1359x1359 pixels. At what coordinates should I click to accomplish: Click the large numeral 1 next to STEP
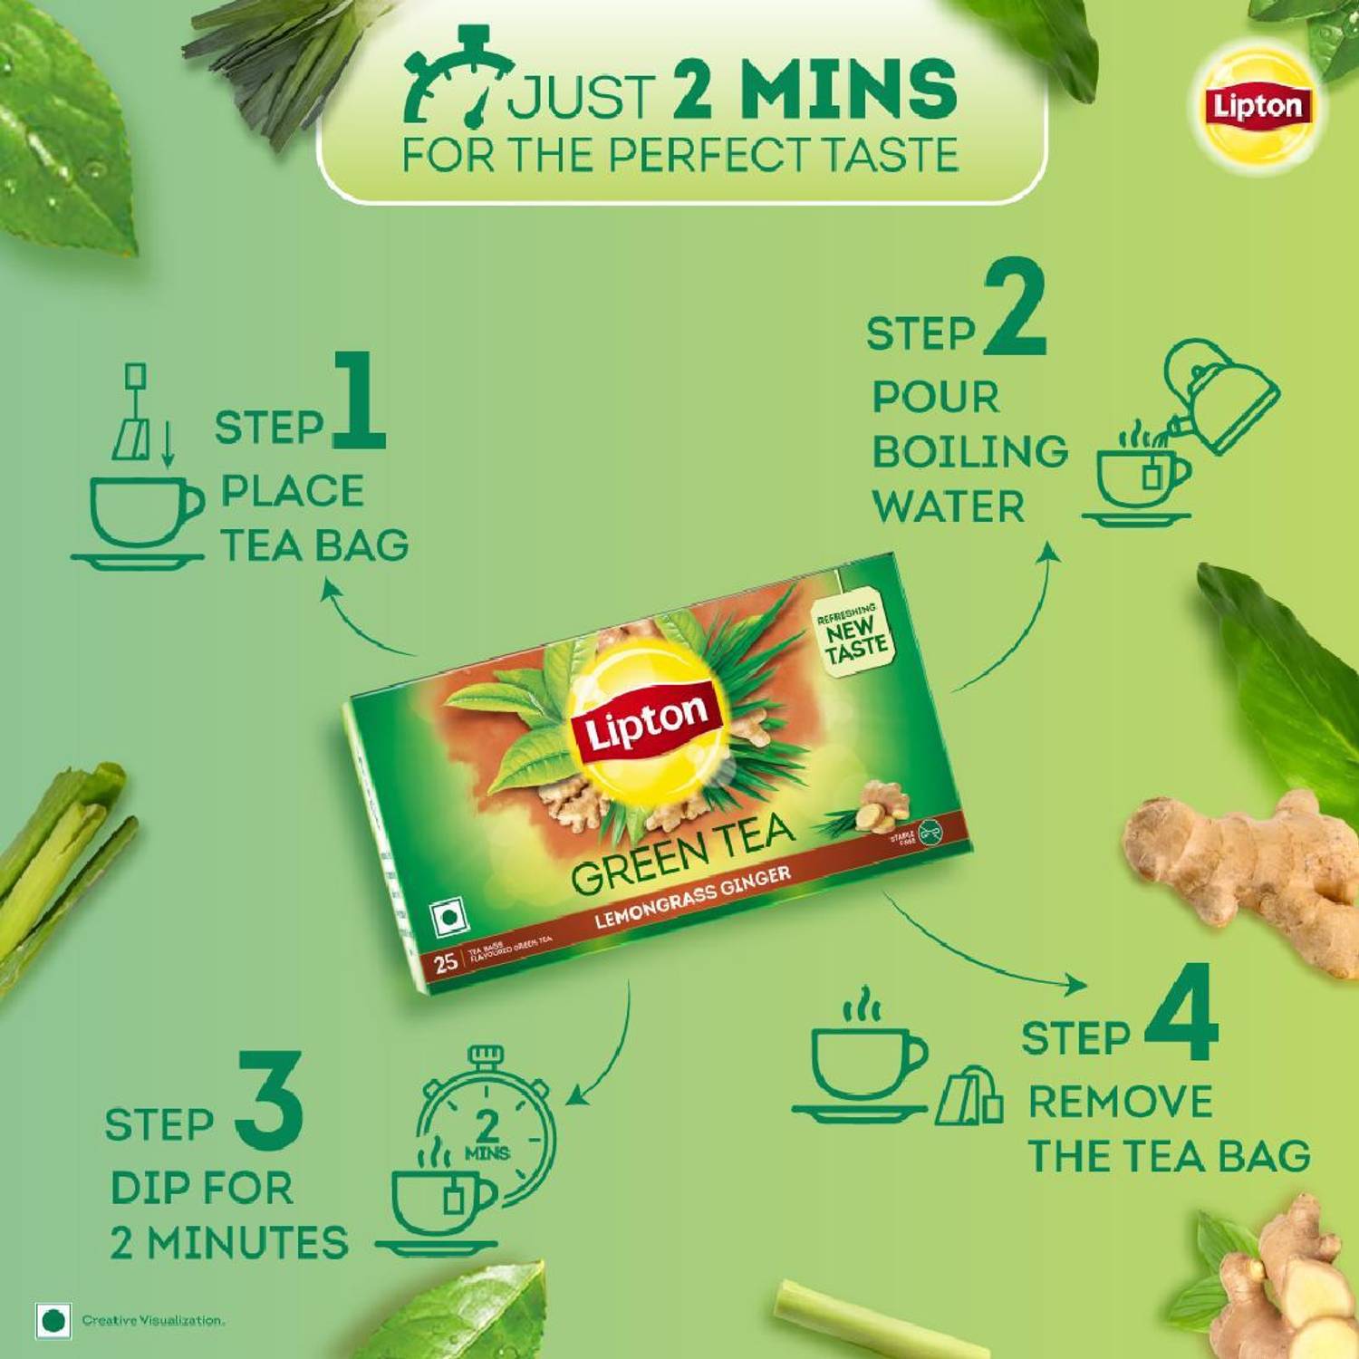click(x=360, y=401)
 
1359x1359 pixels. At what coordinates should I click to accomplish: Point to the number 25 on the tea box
click(x=444, y=961)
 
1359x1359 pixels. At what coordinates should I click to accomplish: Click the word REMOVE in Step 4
click(x=1120, y=1103)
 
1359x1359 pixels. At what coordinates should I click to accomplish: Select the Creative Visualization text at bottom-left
click(x=152, y=1320)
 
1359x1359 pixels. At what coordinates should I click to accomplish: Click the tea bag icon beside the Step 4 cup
click(x=969, y=1096)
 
